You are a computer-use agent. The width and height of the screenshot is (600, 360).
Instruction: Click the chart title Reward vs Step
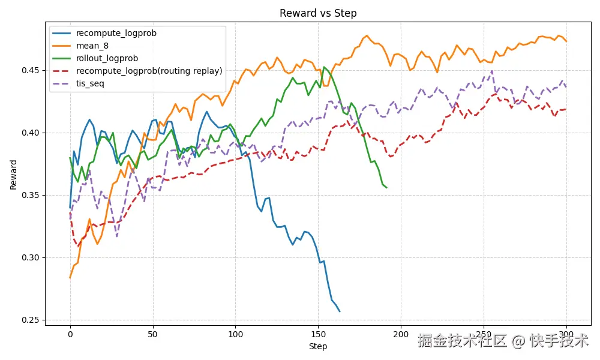point(318,13)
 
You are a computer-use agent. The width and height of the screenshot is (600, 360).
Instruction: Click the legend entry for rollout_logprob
point(107,58)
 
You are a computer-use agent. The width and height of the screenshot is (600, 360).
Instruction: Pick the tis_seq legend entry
point(90,83)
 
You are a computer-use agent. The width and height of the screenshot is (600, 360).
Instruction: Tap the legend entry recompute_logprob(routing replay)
point(149,71)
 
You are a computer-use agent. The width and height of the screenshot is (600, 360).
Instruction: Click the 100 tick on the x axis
point(235,334)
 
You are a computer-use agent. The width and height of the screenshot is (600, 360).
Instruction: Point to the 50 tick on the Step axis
point(152,334)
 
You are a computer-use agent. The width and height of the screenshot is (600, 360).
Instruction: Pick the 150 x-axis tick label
point(318,334)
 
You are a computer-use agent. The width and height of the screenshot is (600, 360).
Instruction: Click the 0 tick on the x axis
point(70,334)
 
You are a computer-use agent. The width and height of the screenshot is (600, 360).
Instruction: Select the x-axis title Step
point(318,346)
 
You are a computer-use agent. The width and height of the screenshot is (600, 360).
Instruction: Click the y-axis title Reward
point(13,175)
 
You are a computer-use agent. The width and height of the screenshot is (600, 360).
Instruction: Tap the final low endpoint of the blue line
point(340,311)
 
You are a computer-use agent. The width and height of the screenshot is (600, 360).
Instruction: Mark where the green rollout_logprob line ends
point(386,188)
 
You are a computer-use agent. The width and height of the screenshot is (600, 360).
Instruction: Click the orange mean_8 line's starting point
point(70,278)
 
